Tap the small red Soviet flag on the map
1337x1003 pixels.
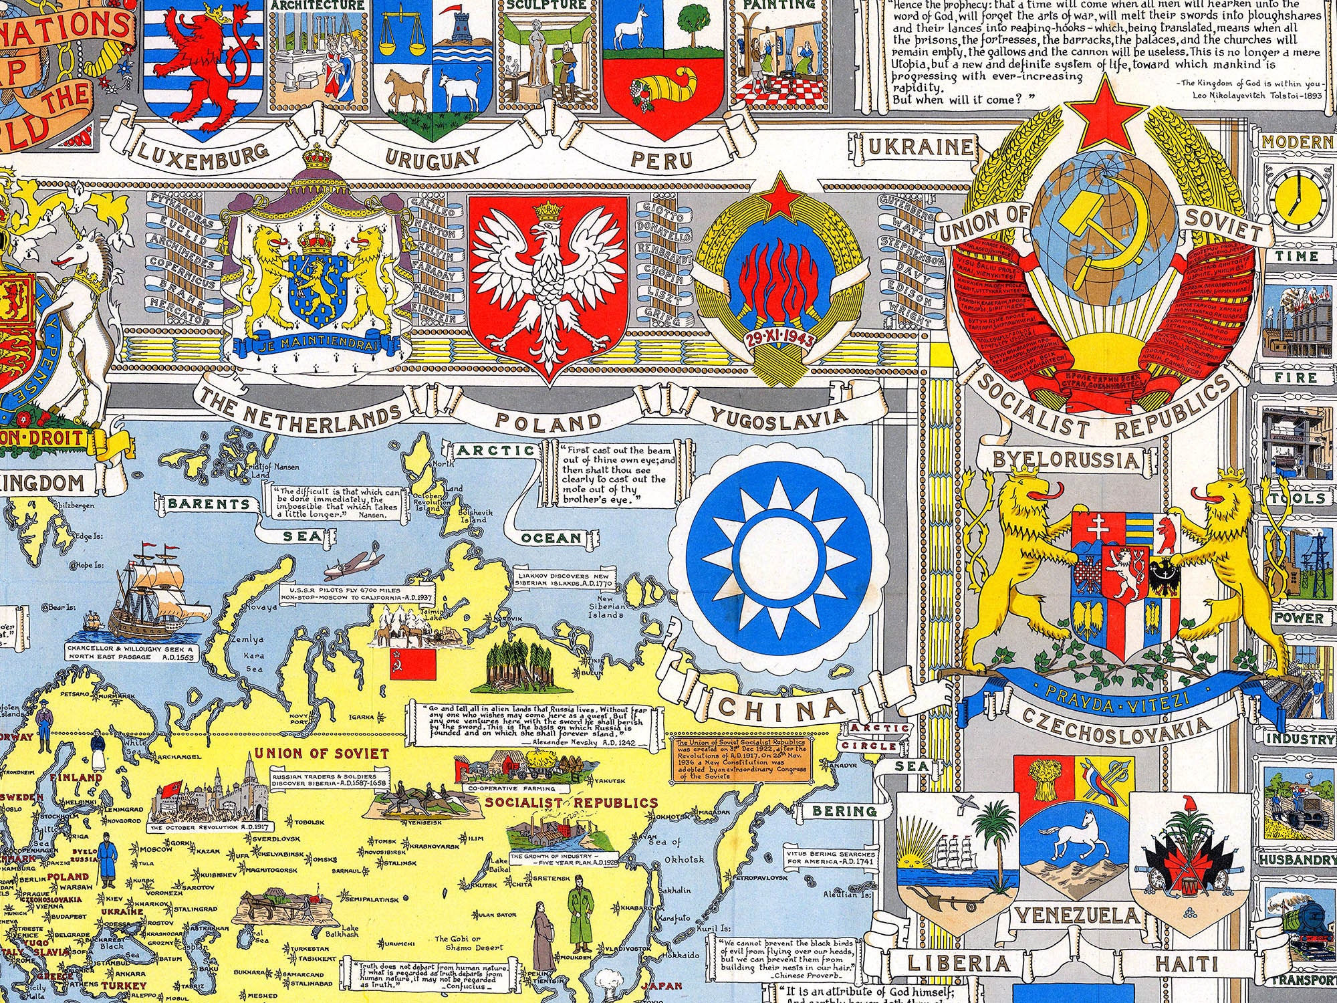(412, 661)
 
